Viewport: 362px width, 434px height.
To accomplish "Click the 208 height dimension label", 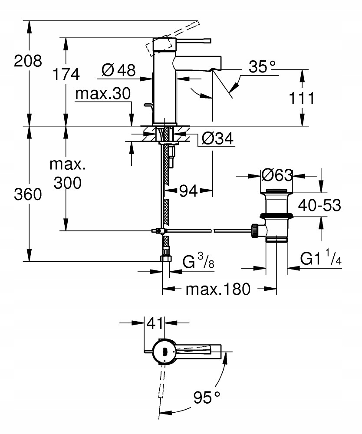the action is [28, 61].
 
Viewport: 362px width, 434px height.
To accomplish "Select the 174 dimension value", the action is [66, 74].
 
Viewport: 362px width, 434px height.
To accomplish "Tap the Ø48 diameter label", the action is [118, 70].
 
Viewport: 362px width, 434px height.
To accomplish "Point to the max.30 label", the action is [103, 94].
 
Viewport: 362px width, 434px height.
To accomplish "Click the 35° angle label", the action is [262, 67].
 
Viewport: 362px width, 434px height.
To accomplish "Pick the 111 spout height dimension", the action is [301, 98].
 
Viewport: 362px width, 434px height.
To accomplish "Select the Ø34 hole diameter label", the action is [217, 138].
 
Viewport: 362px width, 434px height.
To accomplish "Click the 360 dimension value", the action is [28, 194].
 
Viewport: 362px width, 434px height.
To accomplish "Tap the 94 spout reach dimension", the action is [188, 191].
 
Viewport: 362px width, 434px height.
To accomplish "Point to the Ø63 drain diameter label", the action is [277, 175].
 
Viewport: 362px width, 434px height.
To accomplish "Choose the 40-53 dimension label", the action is [319, 205].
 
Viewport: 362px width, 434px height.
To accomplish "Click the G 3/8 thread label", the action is [198, 261].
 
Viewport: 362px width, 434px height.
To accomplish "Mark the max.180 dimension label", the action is [218, 289].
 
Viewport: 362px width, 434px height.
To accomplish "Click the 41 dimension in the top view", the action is [155, 323].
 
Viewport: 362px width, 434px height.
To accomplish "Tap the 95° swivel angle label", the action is [207, 398].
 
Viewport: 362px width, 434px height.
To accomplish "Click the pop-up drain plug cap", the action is [277, 191].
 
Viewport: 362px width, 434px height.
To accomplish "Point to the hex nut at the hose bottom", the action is [166, 259].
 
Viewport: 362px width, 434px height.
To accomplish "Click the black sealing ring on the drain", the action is [277, 215].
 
